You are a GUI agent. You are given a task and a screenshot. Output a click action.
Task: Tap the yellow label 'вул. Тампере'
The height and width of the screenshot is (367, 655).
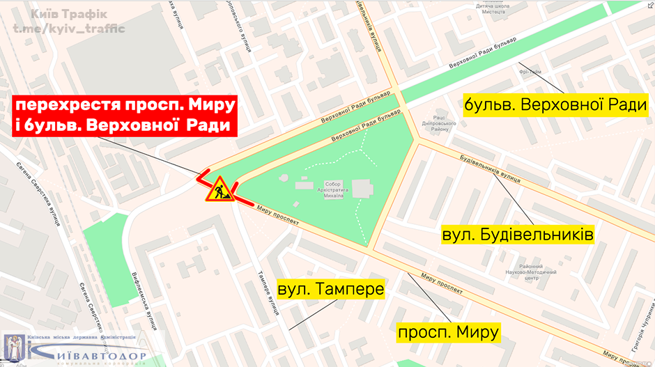[331, 288]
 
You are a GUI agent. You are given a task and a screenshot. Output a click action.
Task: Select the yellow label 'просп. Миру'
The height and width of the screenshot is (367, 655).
[448, 333]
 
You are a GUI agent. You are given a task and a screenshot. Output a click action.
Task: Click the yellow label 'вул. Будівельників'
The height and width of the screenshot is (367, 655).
[518, 233]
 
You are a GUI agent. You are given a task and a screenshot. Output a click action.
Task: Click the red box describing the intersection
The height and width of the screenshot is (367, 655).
[124, 115]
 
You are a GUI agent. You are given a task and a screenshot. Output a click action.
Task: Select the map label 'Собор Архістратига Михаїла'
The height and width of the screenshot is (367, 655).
[327, 190]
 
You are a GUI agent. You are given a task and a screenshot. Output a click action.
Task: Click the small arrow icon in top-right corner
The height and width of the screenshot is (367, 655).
[648, 6]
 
